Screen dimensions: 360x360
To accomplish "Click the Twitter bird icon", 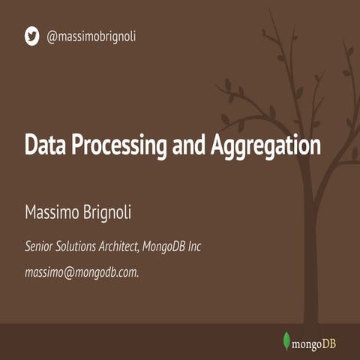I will (x=31, y=35).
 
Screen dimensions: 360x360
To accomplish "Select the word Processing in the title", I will (x=119, y=144).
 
